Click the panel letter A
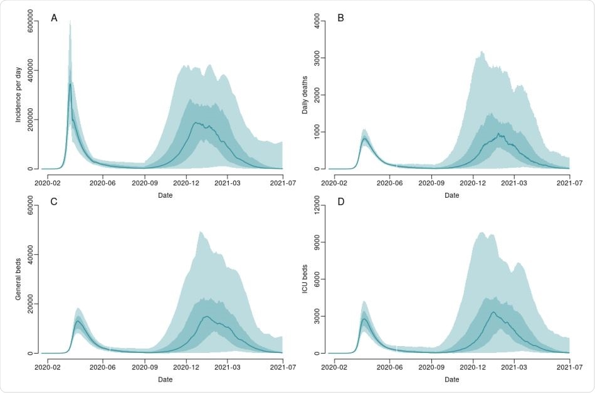[55, 18]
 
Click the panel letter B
[341, 18]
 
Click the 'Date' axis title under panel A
[164, 195]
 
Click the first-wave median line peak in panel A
[70, 84]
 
